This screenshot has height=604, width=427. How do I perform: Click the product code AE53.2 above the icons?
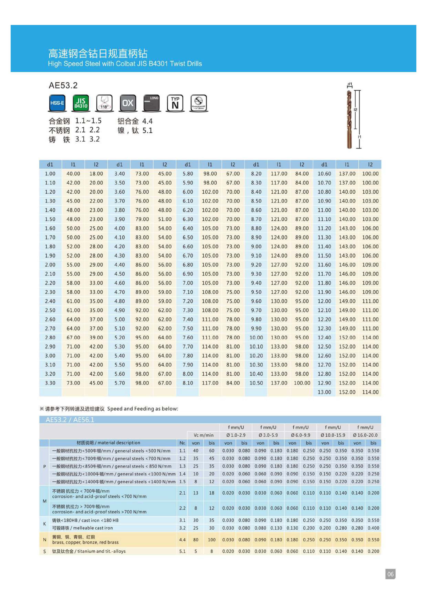[63, 85]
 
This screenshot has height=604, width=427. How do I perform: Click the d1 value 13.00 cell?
[324, 392]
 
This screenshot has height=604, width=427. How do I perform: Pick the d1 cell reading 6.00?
[188, 192]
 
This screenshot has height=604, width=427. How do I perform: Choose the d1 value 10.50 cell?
[256, 383]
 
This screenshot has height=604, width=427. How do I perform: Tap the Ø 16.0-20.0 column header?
[365, 435]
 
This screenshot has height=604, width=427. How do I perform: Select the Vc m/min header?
[204, 435]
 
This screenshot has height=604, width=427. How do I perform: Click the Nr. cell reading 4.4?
[182, 540]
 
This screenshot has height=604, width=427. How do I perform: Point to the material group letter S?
[44, 551]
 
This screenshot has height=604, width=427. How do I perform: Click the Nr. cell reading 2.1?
[182, 493]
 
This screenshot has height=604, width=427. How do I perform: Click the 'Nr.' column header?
[182, 443]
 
